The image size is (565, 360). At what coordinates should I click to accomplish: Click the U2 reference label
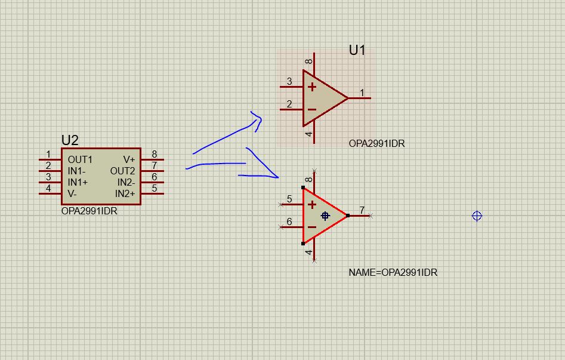(x=70, y=140)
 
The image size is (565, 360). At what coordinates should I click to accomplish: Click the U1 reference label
(x=357, y=50)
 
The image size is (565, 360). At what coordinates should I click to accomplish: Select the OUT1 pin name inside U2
(x=80, y=159)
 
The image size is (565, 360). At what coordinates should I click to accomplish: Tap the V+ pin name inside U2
(x=129, y=159)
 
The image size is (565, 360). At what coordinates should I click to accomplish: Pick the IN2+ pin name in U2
(x=125, y=193)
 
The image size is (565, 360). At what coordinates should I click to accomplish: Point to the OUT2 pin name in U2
(x=122, y=171)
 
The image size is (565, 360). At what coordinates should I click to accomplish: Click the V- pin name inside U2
(x=72, y=193)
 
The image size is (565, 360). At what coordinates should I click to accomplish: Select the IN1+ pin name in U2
(x=78, y=182)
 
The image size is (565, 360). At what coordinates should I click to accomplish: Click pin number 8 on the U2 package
(x=154, y=155)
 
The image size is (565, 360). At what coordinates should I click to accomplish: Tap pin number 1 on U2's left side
(x=48, y=155)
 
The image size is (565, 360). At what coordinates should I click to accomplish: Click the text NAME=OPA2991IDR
(x=393, y=272)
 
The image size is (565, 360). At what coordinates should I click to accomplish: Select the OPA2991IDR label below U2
(x=89, y=211)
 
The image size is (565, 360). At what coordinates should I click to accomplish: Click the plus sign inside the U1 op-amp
(x=311, y=87)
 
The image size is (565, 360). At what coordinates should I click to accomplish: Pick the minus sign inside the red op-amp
(x=311, y=227)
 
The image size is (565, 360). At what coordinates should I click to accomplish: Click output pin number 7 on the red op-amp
(x=362, y=210)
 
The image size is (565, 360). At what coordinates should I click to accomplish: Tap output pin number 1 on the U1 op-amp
(x=362, y=93)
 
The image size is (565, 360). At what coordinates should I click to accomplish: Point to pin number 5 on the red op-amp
(x=289, y=199)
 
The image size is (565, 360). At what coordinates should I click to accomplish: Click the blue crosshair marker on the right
(x=477, y=216)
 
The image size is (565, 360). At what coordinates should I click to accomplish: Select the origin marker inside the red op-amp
(x=325, y=216)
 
